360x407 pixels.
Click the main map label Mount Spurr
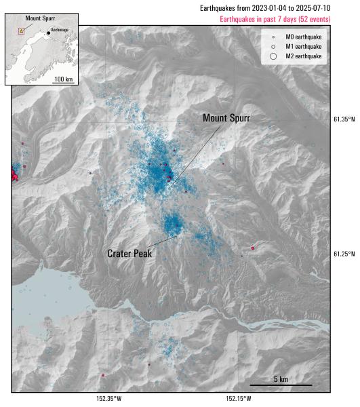click(x=226, y=118)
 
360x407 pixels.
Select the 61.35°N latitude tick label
click(x=344, y=119)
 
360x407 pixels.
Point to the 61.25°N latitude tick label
click(x=344, y=254)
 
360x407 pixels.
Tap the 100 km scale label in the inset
click(x=63, y=79)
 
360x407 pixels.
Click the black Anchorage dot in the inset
click(x=48, y=33)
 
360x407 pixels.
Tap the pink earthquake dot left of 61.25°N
click(x=252, y=248)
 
